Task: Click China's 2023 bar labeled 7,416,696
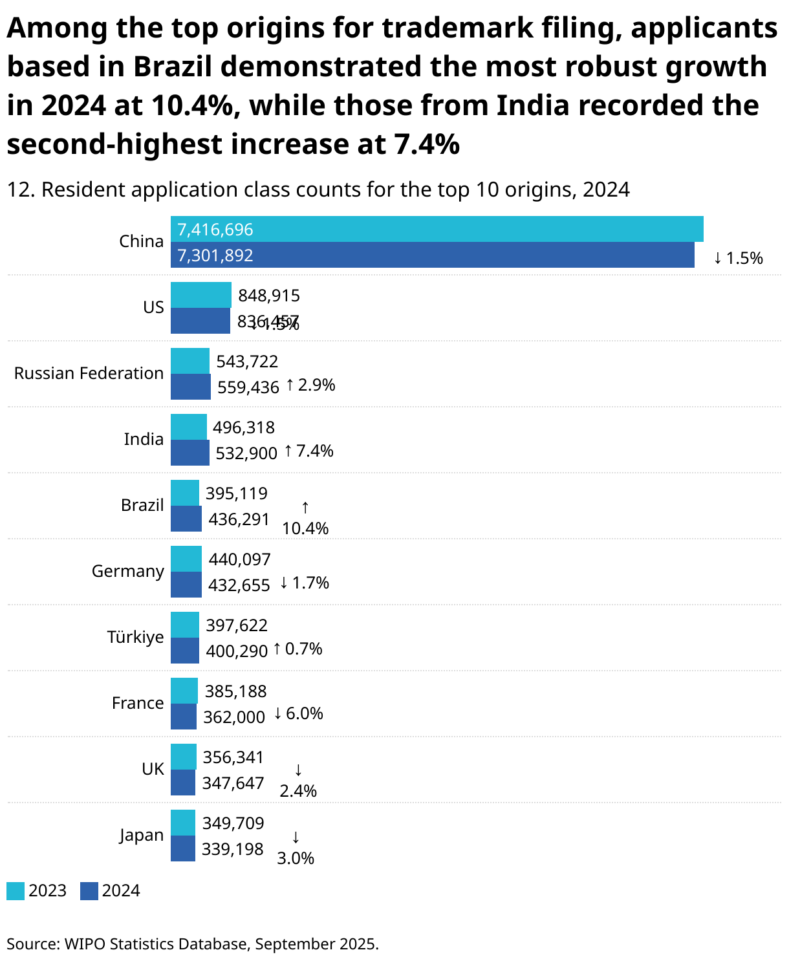click(x=437, y=229)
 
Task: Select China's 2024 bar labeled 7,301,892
click(x=432, y=255)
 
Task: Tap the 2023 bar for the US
click(x=200, y=295)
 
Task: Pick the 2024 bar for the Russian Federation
click(x=190, y=387)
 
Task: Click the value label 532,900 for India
click(x=246, y=453)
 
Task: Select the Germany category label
click(x=127, y=571)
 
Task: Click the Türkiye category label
click(x=135, y=637)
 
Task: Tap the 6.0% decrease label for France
click(x=298, y=713)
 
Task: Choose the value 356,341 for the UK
click(x=233, y=757)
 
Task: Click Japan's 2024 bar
click(x=182, y=848)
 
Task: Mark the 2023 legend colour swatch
click(x=16, y=891)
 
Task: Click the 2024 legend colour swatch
click(x=89, y=891)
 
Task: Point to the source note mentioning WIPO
click(x=192, y=944)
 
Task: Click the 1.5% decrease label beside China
click(x=738, y=258)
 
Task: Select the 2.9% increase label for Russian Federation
click(x=310, y=385)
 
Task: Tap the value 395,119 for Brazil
click(x=236, y=493)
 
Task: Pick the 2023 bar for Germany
click(x=186, y=559)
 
